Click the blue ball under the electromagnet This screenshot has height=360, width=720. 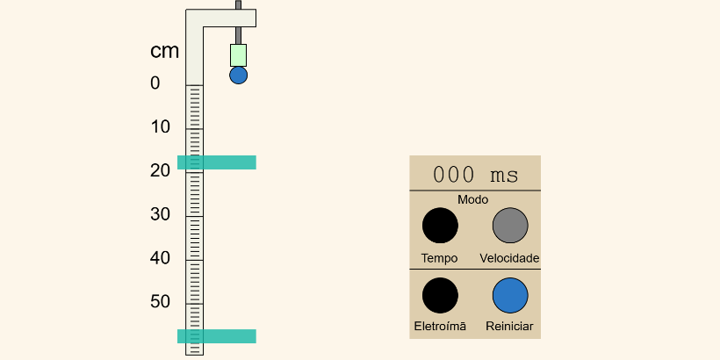click(x=238, y=76)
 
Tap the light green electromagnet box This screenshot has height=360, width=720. click(x=238, y=55)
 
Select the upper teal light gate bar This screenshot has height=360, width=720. click(x=217, y=162)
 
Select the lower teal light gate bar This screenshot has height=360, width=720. click(x=217, y=336)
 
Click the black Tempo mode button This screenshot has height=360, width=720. click(x=440, y=226)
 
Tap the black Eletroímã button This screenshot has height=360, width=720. click(x=440, y=295)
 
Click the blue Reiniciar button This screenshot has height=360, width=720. click(x=510, y=295)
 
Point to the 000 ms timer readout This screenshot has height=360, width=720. click(x=476, y=175)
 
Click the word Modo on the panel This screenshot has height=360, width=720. click(x=473, y=199)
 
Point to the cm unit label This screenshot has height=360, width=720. click(x=164, y=51)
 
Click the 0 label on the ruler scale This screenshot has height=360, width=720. click(x=155, y=83)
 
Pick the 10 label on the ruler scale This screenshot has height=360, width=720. click(x=161, y=127)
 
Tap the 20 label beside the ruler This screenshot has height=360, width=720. click(x=161, y=171)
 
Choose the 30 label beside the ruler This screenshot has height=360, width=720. click(x=161, y=214)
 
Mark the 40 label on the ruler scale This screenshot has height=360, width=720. click(x=161, y=258)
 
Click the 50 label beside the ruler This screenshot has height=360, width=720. click(x=161, y=302)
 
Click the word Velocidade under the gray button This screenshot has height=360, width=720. click(x=509, y=258)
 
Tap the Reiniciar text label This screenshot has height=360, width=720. click(x=509, y=327)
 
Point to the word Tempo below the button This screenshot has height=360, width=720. click(x=439, y=258)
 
